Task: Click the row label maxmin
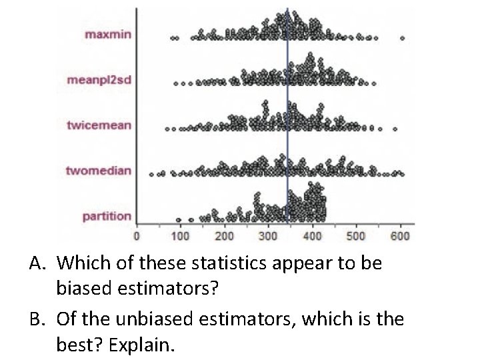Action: (108, 35)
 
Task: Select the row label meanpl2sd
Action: (99, 80)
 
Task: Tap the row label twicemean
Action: (99, 125)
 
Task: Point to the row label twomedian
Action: (99, 171)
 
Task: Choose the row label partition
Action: (107, 216)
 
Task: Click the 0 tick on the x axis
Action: (137, 235)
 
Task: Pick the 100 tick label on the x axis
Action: (180, 235)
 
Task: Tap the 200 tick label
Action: (224, 235)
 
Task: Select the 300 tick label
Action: (268, 235)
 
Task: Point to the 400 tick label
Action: (312, 235)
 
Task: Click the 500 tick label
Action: (356, 235)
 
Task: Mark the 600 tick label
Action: (400, 235)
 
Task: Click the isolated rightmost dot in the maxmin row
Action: (402, 38)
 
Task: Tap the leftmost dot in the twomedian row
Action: (151, 175)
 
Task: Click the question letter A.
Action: (35, 264)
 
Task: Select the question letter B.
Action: (35, 320)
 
